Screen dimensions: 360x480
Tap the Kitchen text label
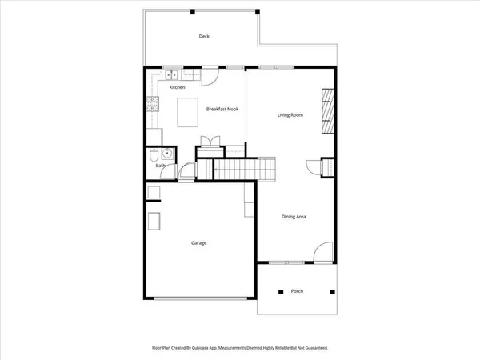pos(177,86)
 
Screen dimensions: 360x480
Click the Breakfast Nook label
pos(222,109)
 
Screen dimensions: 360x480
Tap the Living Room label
pos(290,115)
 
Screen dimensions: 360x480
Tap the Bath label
pos(160,166)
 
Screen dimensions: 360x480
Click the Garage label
pos(199,242)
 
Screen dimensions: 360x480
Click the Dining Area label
pos(295,217)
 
